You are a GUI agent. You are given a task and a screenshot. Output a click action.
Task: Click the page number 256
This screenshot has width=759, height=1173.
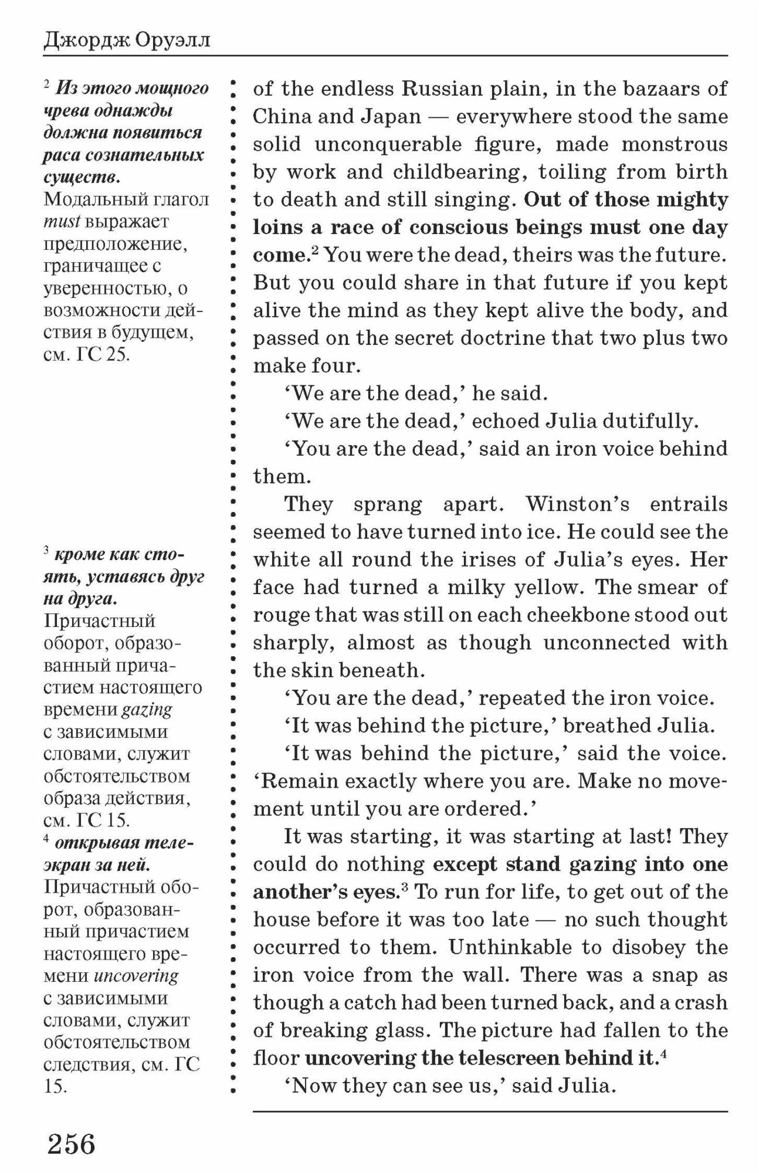[x=71, y=1144]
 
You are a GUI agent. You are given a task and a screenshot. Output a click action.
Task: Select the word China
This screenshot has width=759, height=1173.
[x=281, y=117]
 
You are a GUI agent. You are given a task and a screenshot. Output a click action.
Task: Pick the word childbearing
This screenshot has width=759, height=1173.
[x=457, y=172]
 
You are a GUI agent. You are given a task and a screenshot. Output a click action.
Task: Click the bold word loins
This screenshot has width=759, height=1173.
[x=280, y=227]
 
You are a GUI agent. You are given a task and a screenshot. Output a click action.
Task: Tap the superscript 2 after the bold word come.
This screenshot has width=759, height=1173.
[x=314, y=251]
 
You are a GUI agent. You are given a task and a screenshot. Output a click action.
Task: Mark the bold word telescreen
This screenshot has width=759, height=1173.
[x=508, y=1058]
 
